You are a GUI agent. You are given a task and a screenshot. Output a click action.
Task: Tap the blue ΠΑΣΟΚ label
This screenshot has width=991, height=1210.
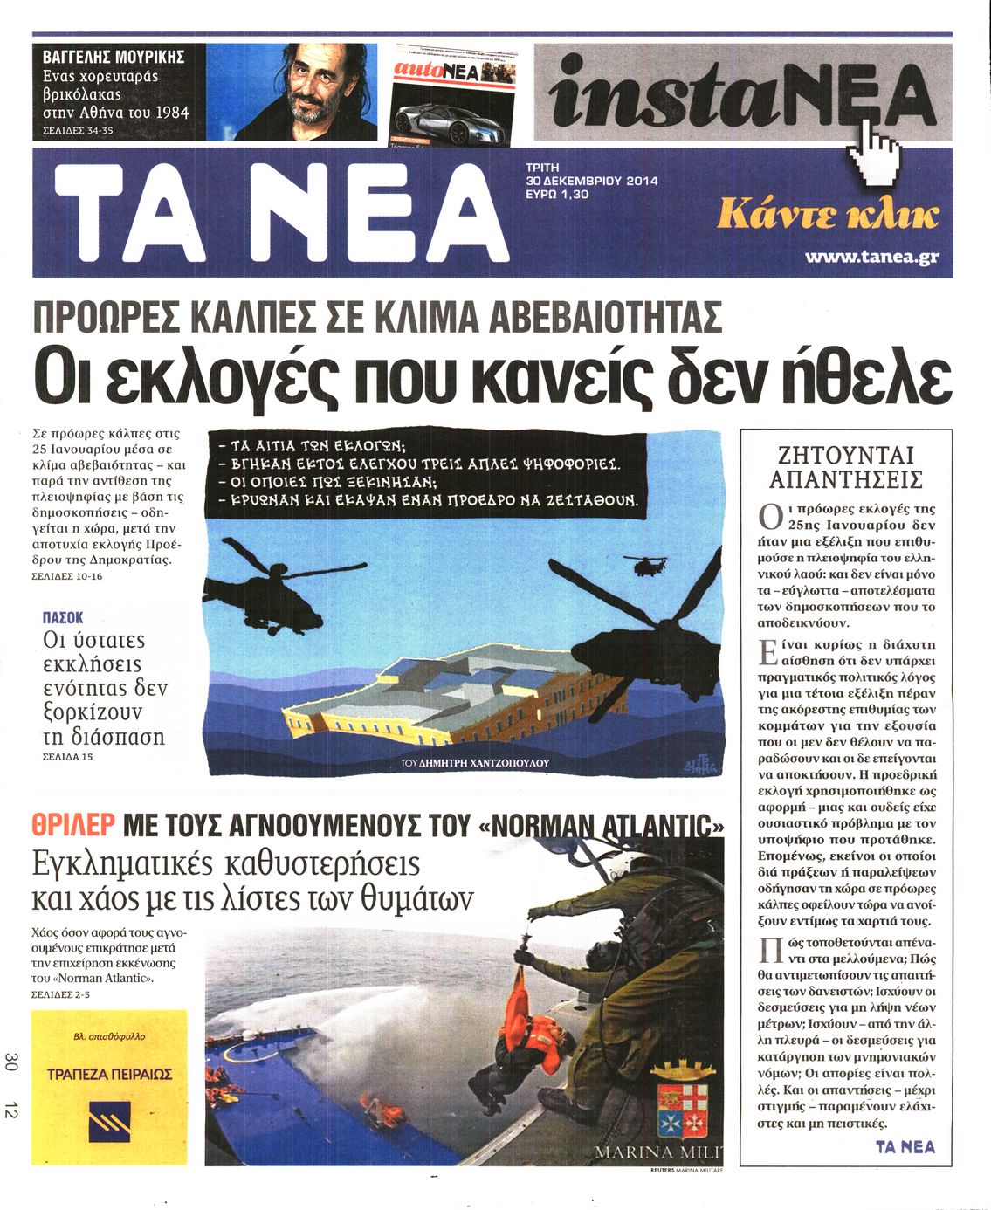[63, 617]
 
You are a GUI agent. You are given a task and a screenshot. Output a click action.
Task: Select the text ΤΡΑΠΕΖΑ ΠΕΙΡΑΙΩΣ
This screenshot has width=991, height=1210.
[109, 1074]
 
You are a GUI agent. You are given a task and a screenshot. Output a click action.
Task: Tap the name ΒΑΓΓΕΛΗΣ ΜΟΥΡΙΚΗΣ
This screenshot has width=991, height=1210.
[114, 58]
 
